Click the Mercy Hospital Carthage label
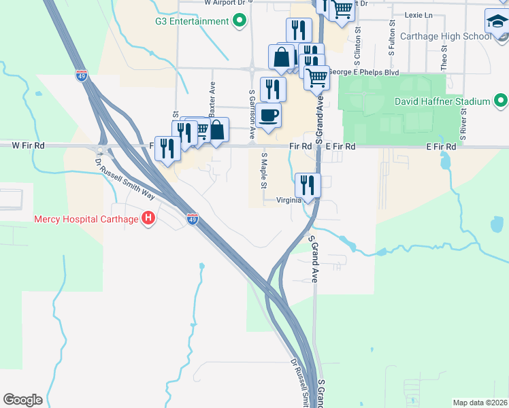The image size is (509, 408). (86, 219)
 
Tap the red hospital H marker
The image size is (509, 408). (148, 219)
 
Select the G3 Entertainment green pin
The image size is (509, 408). (239, 21)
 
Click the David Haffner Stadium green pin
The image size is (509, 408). (500, 102)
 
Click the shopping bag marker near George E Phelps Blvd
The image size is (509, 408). (281, 57)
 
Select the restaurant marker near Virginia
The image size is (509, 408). (308, 185)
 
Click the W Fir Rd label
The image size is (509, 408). (28, 146)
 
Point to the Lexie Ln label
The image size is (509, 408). (418, 15)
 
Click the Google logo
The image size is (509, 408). (22, 400)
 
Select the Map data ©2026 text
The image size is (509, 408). (480, 403)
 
